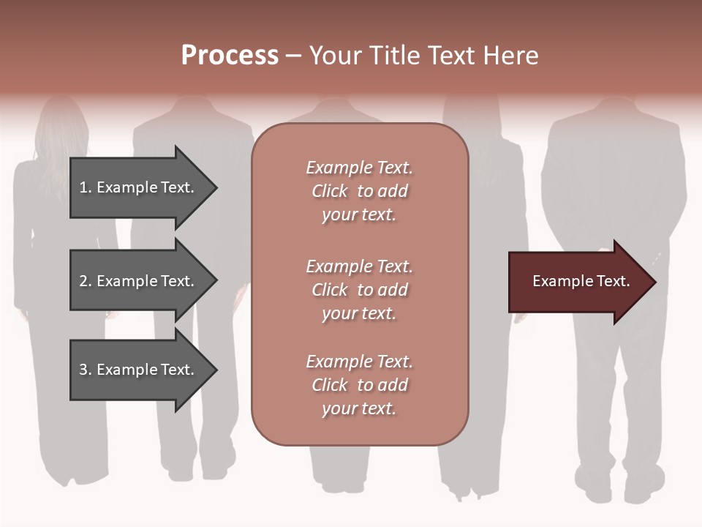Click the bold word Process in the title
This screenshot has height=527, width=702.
[x=230, y=56]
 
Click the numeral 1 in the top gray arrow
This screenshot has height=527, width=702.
[x=83, y=187]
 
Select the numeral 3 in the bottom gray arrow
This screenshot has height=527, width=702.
[x=83, y=370]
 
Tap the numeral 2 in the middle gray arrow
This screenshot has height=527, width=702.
[x=83, y=281]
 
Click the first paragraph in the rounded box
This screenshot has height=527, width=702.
[x=359, y=191]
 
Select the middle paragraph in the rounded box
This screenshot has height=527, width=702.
[x=359, y=290]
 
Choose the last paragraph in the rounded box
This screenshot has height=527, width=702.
[x=359, y=385]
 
